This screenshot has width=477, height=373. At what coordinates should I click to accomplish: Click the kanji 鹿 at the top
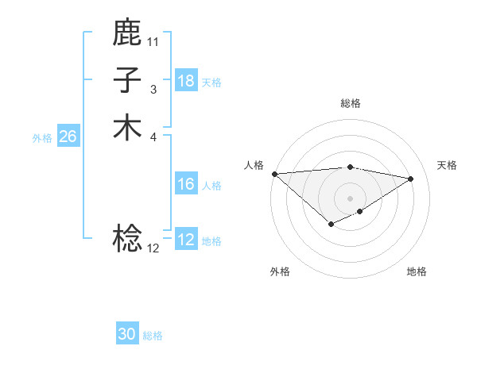click(x=127, y=33)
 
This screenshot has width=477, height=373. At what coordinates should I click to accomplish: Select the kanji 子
click(x=127, y=80)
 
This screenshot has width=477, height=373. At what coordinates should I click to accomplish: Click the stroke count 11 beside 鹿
click(x=153, y=41)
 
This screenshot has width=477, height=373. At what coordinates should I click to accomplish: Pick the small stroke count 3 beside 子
click(x=153, y=90)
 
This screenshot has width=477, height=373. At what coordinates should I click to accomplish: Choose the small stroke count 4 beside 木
click(x=153, y=137)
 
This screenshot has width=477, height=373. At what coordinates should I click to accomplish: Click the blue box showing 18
click(x=185, y=81)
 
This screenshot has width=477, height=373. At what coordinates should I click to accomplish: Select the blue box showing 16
click(x=185, y=184)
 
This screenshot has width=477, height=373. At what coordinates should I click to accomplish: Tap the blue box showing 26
click(x=68, y=137)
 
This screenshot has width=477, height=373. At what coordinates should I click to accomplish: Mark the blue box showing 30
click(x=127, y=334)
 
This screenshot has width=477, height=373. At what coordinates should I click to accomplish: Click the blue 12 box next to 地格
click(x=185, y=240)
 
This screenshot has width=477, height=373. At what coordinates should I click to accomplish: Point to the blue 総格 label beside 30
click(x=153, y=336)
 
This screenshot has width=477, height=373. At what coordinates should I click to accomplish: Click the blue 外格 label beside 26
click(x=42, y=137)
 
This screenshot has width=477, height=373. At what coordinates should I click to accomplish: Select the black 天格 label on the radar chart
click(x=447, y=164)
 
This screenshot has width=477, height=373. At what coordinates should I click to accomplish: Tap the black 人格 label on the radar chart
click(x=254, y=164)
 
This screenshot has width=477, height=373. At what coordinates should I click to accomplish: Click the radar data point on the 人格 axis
click(x=274, y=174)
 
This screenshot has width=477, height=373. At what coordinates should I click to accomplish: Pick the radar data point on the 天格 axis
click(x=411, y=179)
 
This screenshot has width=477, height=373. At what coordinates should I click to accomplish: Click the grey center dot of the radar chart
click(x=351, y=198)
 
